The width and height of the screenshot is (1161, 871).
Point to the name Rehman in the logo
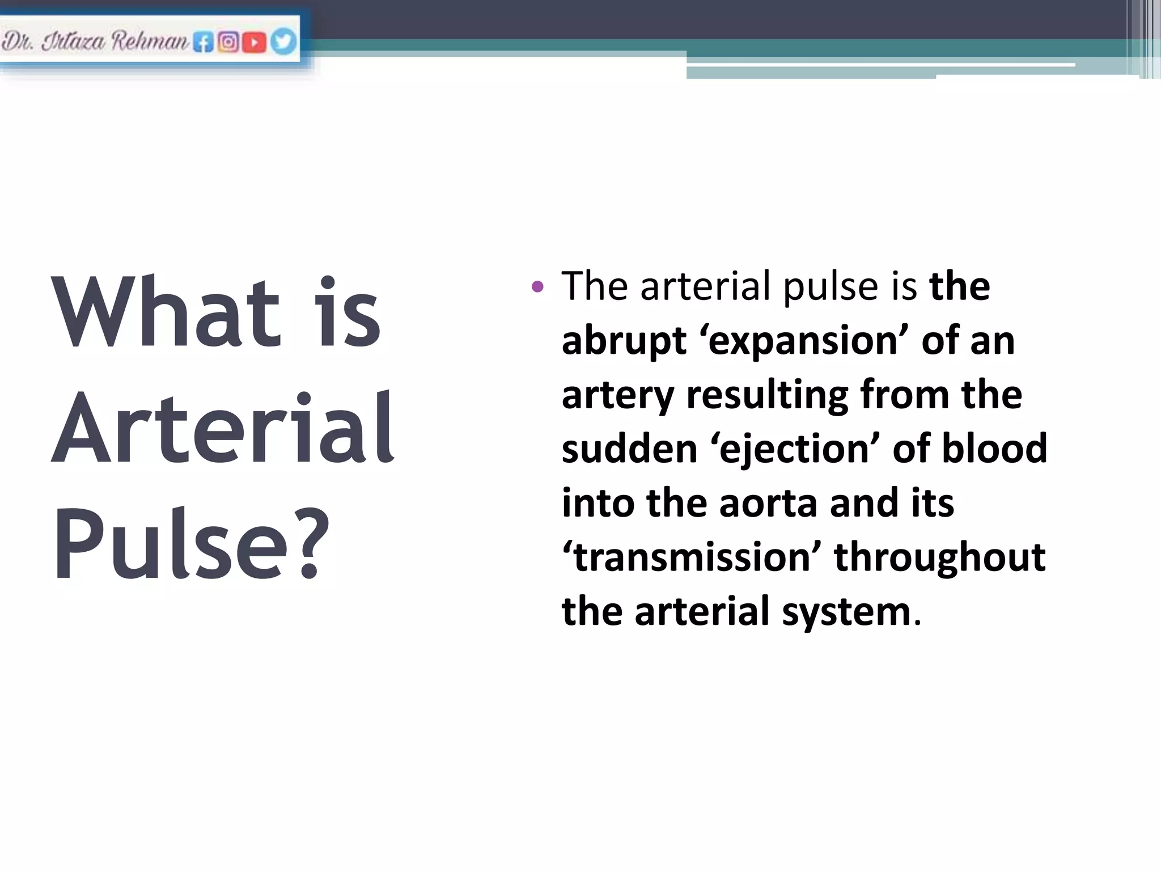pos(150,41)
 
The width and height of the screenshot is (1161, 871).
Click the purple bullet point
pos(537,286)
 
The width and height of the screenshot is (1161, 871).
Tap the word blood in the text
pos(994,449)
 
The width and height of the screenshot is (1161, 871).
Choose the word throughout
pos(939,557)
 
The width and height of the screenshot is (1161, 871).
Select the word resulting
pos(767,395)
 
